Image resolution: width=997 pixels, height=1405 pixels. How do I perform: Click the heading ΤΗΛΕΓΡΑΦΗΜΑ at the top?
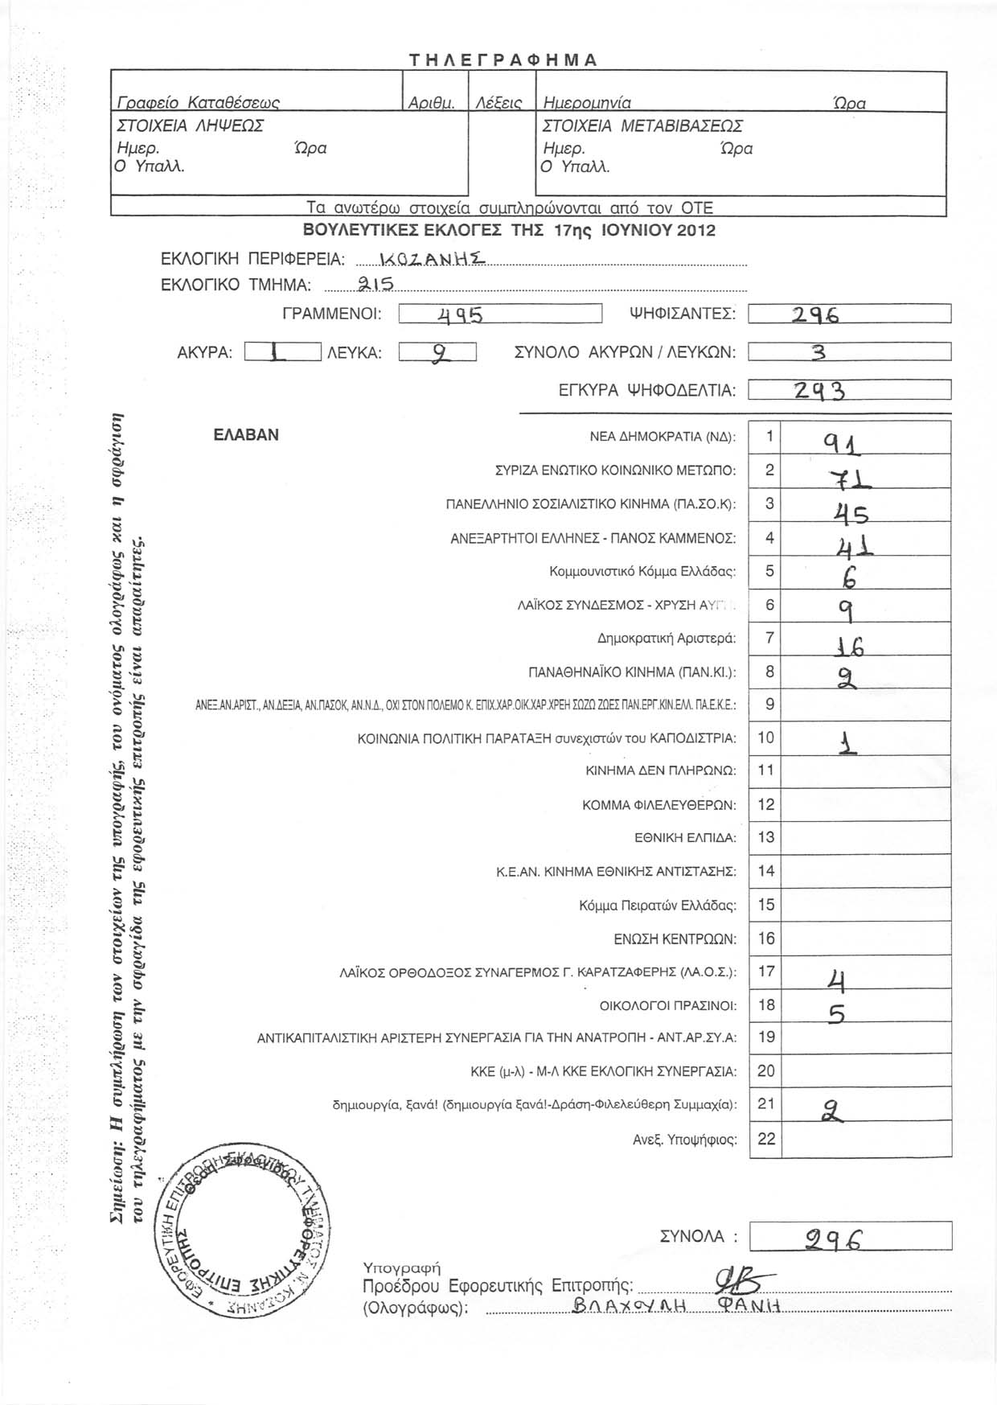tap(503, 60)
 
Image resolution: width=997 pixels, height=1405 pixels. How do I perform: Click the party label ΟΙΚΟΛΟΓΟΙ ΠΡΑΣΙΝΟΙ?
tap(668, 1005)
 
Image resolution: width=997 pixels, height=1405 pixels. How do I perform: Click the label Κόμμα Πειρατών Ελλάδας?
tap(657, 906)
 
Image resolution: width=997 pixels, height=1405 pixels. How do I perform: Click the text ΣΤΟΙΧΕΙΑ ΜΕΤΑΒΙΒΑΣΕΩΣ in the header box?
tap(642, 126)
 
